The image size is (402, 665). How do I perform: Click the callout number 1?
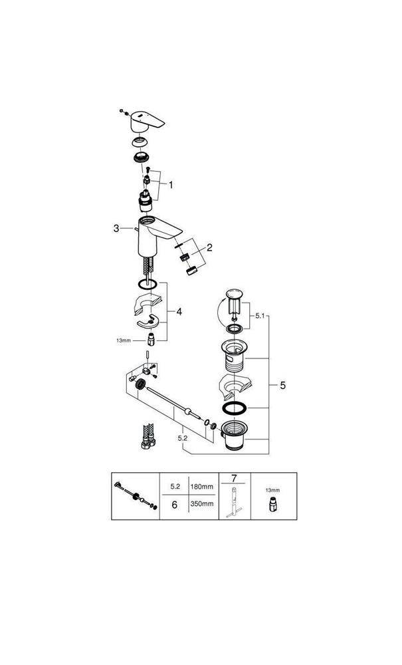[171, 184]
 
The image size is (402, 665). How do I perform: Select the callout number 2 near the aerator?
[209, 247]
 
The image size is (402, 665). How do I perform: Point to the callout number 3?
[117, 228]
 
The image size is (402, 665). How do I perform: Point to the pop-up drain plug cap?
[234, 293]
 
